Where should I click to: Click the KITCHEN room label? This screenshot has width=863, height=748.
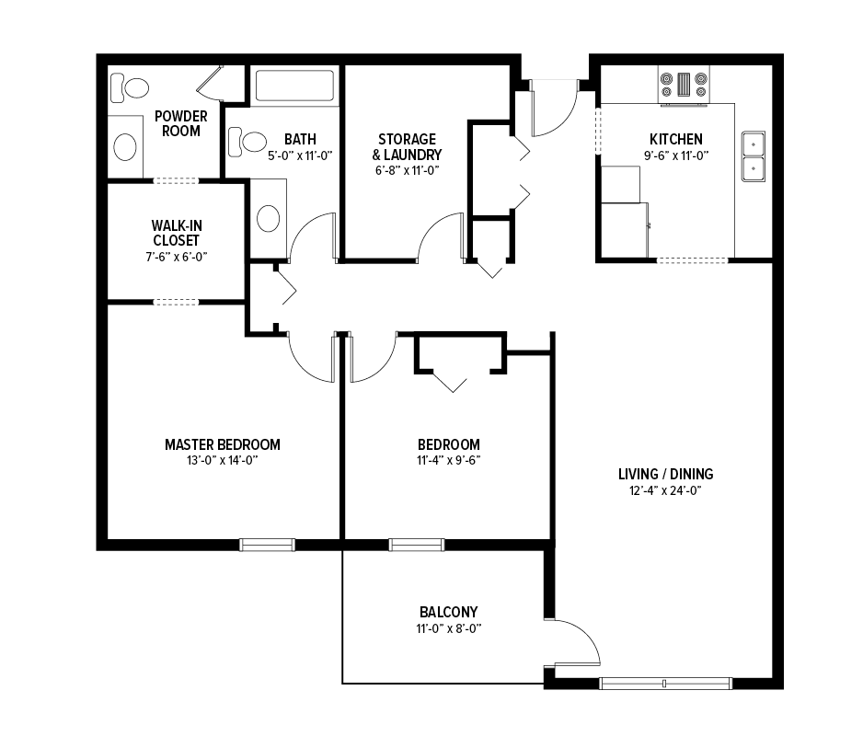pyautogui.click(x=676, y=139)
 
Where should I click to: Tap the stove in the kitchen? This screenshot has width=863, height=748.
pyautogui.click(x=684, y=85)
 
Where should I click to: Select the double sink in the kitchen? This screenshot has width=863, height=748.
pyautogui.click(x=753, y=156)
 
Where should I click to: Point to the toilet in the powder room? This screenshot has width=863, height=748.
pyautogui.click(x=130, y=88)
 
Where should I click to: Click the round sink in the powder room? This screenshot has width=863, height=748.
pyautogui.click(x=125, y=147)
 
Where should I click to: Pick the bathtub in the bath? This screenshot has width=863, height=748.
pyautogui.click(x=294, y=86)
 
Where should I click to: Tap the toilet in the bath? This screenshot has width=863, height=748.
pyautogui.click(x=247, y=141)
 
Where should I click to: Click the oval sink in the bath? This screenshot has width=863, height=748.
pyautogui.click(x=268, y=218)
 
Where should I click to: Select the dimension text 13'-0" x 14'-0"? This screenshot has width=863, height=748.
pyautogui.click(x=223, y=461)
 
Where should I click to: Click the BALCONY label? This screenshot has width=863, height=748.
pyautogui.click(x=449, y=612)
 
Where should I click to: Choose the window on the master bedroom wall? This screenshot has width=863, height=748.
pyautogui.click(x=267, y=545)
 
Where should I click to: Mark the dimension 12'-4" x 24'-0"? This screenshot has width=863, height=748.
pyautogui.click(x=665, y=490)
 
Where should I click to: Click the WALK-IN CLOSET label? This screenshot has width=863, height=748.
pyautogui.click(x=177, y=233)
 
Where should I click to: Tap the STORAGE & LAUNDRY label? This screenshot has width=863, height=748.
pyautogui.click(x=408, y=147)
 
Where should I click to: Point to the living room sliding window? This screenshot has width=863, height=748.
pyautogui.click(x=665, y=684)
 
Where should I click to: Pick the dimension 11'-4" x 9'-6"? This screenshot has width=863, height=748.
pyautogui.click(x=449, y=461)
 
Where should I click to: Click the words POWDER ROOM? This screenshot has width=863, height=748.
pyautogui.click(x=181, y=124)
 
